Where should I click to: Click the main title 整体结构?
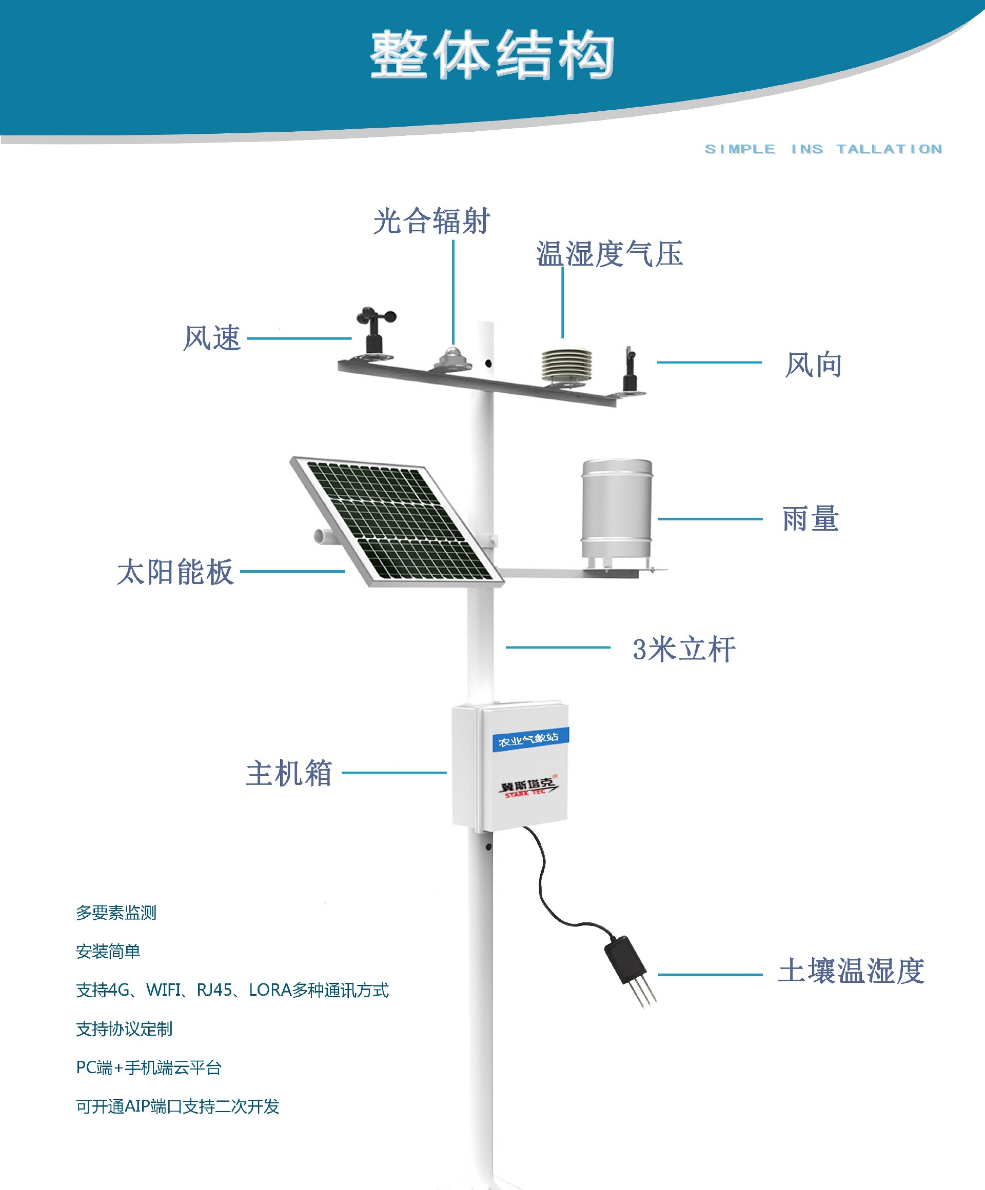point(492,55)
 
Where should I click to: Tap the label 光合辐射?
point(431,221)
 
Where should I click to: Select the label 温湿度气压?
point(609,253)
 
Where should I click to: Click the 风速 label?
point(212,338)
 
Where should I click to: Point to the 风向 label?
point(813,365)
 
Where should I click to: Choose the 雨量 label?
point(811,518)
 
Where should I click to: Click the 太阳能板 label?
point(175,571)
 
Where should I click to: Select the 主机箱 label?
point(289,774)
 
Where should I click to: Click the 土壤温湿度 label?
point(851,971)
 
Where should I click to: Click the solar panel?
point(397,522)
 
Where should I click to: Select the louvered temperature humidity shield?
point(566,365)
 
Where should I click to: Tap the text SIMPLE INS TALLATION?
point(823,149)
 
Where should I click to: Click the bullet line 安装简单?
point(108,952)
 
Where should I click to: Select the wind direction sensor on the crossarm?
point(629,371)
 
